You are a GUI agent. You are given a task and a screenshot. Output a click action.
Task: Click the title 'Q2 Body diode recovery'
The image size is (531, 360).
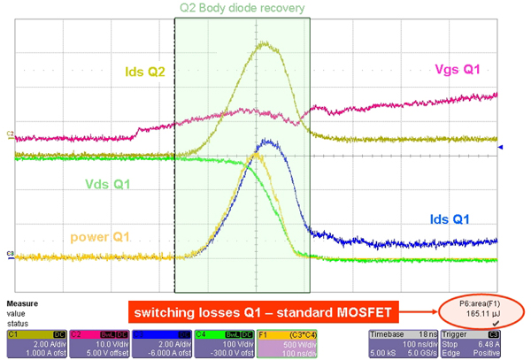(x=242, y=9)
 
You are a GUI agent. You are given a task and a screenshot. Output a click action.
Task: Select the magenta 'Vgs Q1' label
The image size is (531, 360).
(x=458, y=69)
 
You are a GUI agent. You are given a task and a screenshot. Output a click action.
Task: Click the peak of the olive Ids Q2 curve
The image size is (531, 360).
(x=265, y=42)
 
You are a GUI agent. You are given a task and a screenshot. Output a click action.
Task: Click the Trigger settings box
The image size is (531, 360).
(x=466, y=341)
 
